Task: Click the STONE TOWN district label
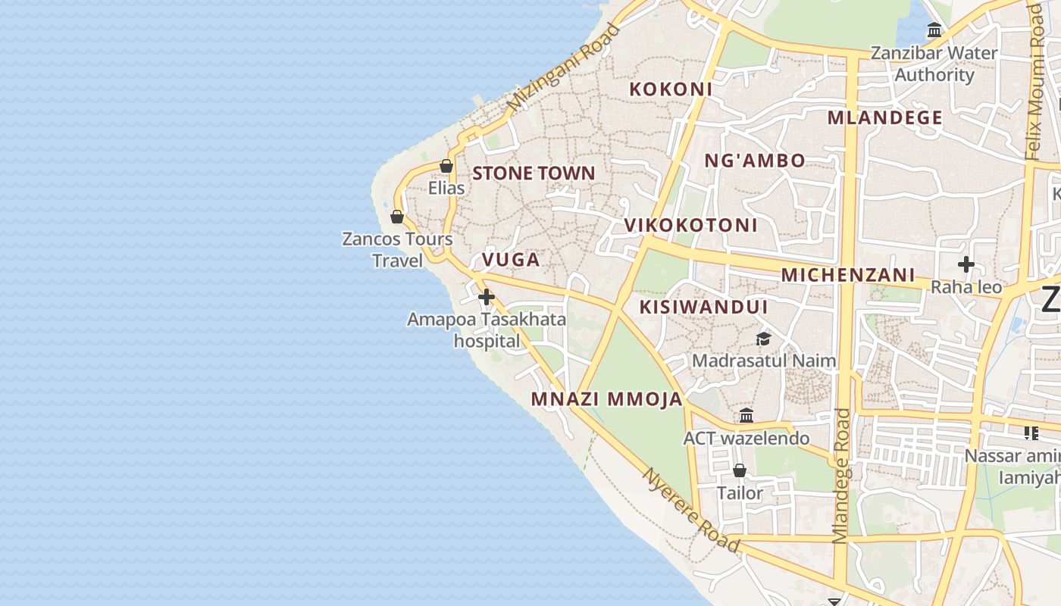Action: tap(534, 173)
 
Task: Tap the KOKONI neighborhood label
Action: tap(671, 89)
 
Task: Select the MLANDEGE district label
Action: tap(884, 117)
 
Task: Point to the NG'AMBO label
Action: tap(755, 161)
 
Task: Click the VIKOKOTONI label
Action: tap(690, 225)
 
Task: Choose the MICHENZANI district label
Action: tap(848, 275)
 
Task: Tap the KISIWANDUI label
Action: tap(703, 307)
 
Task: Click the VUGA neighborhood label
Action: tap(511, 260)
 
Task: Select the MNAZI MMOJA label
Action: tap(606, 399)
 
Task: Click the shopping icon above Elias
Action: tap(446, 166)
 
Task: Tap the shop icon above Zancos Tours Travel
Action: tap(396, 217)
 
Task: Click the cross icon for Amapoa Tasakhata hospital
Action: tap(487, 298)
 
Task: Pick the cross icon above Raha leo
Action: tap(966, 264)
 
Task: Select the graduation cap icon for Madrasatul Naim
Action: tap(763, 339)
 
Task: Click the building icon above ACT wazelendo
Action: tap(746, 415)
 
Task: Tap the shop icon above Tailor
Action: tap(740, 470)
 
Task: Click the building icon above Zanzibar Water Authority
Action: tap(934, 30)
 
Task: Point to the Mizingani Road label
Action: tap(564, 68)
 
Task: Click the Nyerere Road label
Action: tap(690, 510)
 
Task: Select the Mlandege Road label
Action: tap(841, 476)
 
